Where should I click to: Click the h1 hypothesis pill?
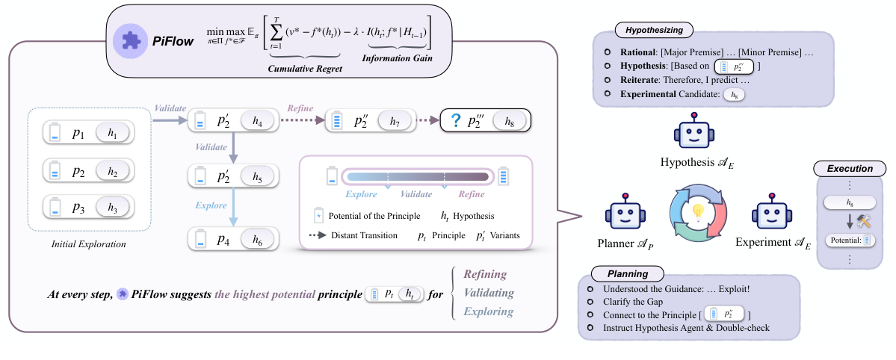coord(112,132)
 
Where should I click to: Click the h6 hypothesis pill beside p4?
coord(257,239)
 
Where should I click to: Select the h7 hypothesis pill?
coord(396,120)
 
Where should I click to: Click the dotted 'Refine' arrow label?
coord(300,108)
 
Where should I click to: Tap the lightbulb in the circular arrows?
coord(697,211)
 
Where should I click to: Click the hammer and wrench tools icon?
coord(865,221)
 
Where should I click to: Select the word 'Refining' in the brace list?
coord(485,274)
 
